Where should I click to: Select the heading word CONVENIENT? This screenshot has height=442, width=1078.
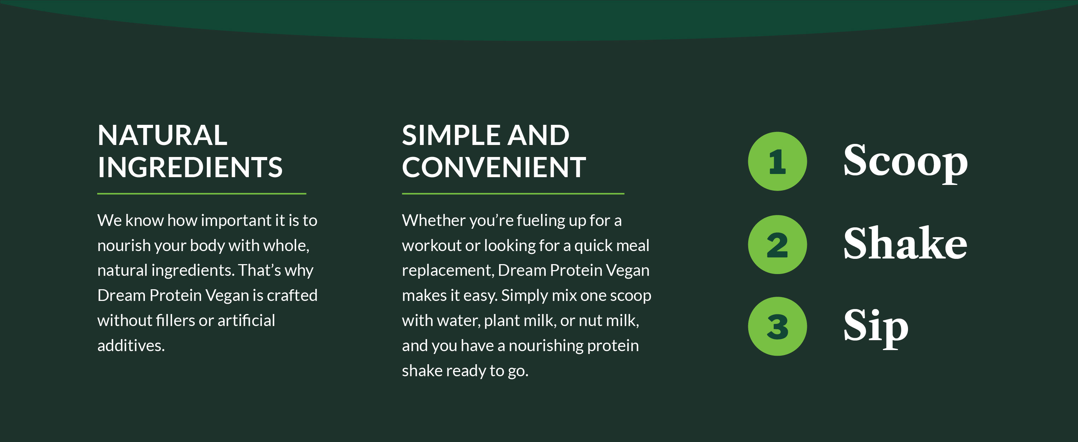click(x=494, y=167)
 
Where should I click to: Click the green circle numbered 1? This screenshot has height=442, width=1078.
click(x=777, y=161)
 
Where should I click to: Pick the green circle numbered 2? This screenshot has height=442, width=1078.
click(x=777, y=244)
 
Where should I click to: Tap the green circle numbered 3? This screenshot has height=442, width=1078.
click(x=777, y=326)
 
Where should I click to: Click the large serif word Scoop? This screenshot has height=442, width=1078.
click(x=905, y=162)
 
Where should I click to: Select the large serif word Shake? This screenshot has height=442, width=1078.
click(x=905, y=243)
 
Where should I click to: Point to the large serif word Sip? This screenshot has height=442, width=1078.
click(x=876, y=328)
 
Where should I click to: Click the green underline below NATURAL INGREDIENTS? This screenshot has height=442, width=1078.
click(x=202, y=194)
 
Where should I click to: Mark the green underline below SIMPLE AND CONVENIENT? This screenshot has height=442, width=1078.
click(x=513, y=194)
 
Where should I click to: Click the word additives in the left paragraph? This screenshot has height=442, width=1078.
click(x=131, y=345)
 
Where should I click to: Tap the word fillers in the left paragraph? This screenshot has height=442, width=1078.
click(x=175, y=321)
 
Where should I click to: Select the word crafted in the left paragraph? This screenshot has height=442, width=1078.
click(x=292, y=296)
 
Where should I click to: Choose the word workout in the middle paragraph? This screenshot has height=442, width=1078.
click(x=432, y=245)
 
